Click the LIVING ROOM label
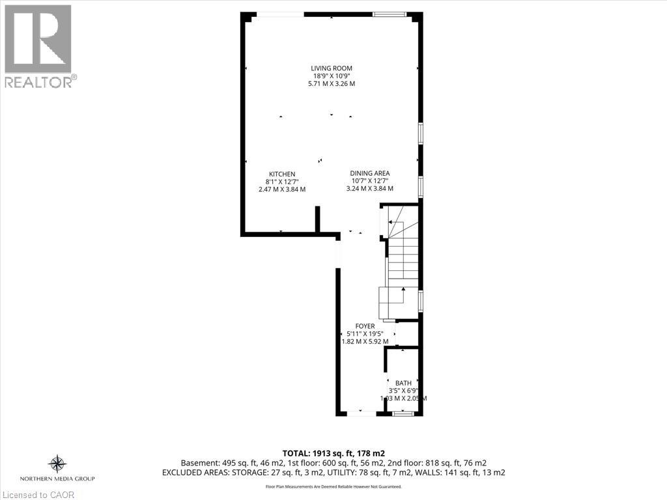tap(332, 68)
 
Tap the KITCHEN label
tap(282, 174)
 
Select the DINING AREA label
tap(370, 173)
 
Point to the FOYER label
tap(365, 326)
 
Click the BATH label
tap(403, 383)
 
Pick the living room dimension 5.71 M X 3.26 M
tap(332, 84)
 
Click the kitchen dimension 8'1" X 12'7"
tap(282, 182)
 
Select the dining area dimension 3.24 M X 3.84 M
tap(370, 188)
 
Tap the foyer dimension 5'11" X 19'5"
tap(365, 334)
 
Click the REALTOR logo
tap(38, 46)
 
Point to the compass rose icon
tap(57, 464)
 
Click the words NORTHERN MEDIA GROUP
tap(57, 479)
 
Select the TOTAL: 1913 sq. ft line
tap(333, 453)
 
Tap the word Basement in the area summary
tap(199, 463)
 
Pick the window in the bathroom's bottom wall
tap(403, 413)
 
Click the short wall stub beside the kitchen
tap(317, 219)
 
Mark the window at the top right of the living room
tap(390, 14)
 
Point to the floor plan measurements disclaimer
tap(333, 486)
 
